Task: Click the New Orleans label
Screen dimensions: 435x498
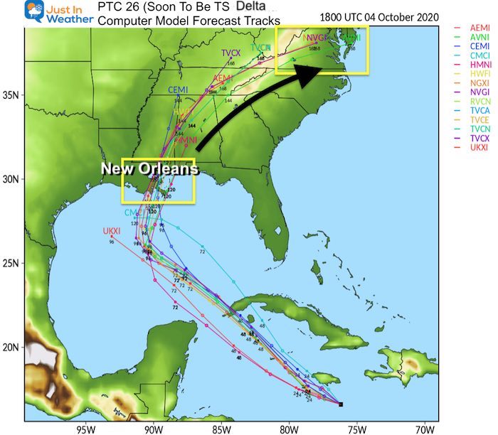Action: pos(149,169)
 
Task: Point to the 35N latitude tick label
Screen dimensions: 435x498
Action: pos(12,95)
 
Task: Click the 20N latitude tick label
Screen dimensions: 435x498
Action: pos(12,347)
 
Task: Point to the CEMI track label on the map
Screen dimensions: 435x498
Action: pos(178,90)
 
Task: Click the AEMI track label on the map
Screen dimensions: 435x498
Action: pos(223,77)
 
